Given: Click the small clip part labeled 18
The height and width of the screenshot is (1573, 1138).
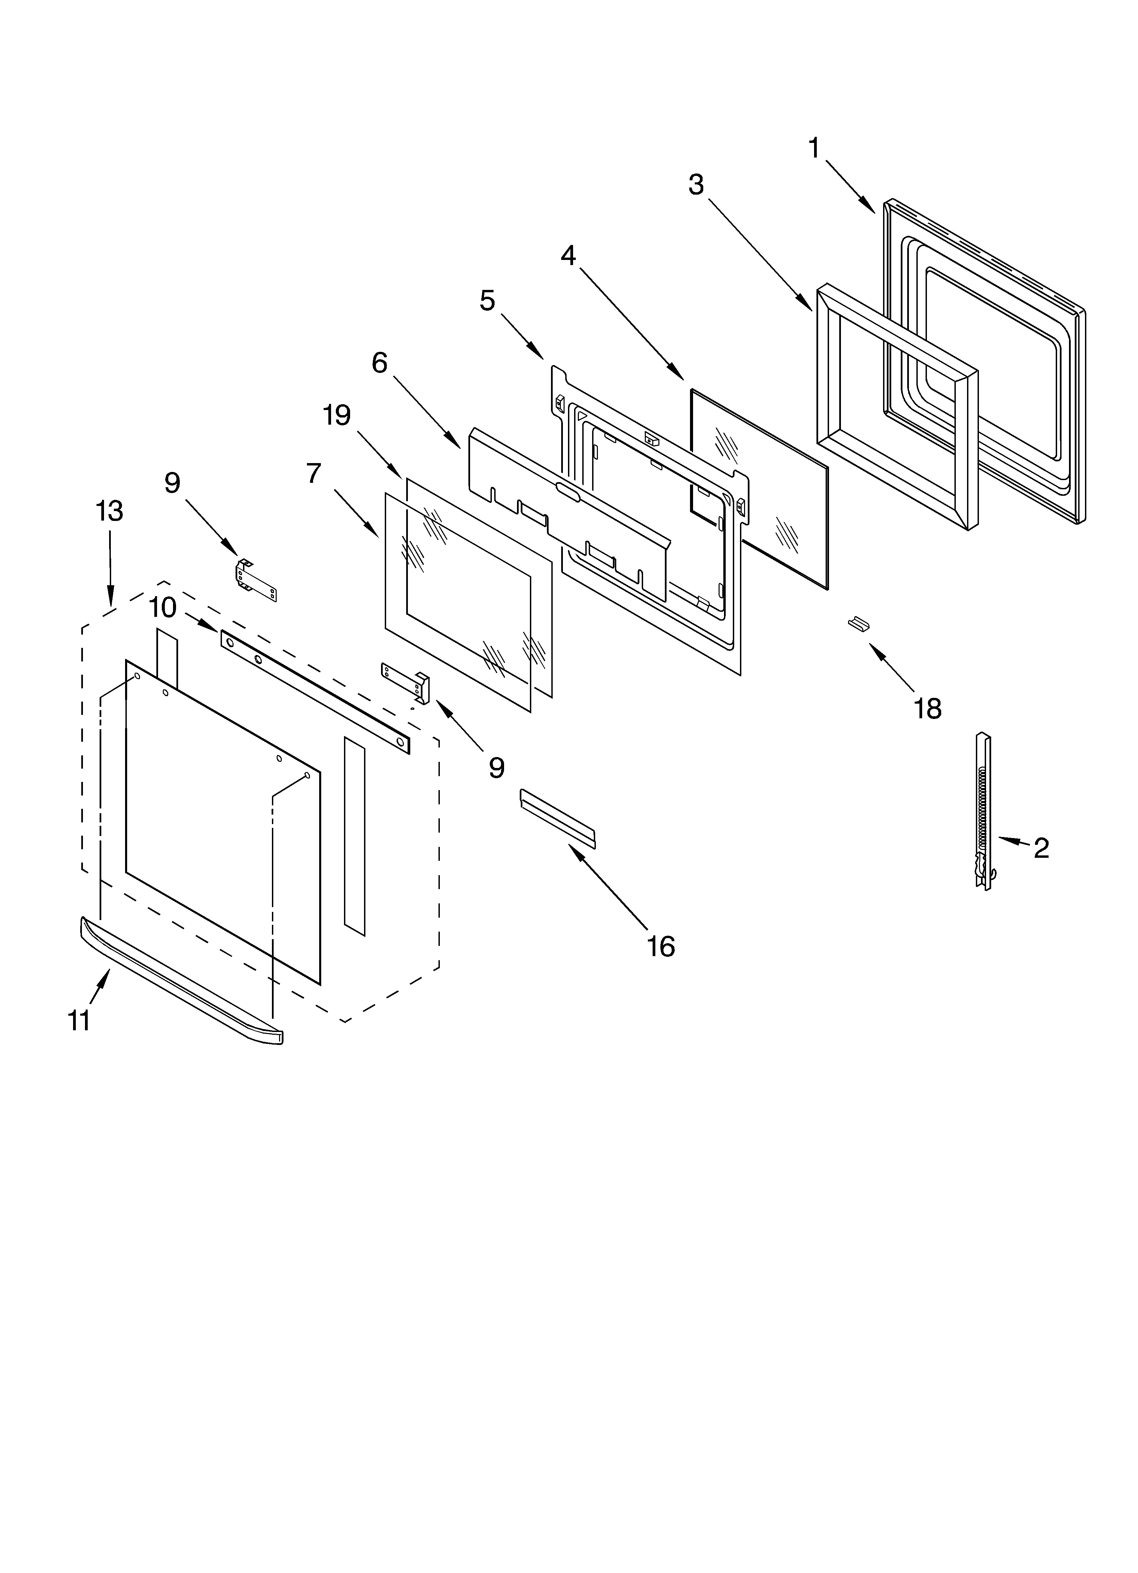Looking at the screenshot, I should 859,623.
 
